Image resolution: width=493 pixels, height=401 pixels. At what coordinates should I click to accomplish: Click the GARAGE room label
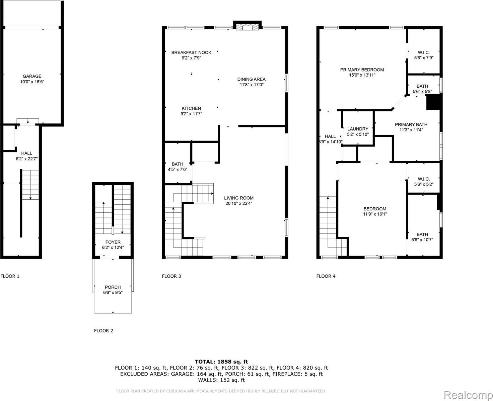point(32,76)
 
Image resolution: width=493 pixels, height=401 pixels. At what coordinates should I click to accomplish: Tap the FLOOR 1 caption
point(10,276)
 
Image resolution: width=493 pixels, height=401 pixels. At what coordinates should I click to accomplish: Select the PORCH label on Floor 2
point(113,287)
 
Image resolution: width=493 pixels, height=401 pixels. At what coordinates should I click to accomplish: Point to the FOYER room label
point(113,242)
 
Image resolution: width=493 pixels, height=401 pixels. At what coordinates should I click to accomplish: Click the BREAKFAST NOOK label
point(191,53)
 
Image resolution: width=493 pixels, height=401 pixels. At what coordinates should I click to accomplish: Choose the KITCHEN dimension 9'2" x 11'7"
point(191,114)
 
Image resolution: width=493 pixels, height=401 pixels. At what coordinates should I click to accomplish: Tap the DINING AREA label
point(251,79)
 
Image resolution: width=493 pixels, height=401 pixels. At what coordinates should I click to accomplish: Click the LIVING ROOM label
point(239,198)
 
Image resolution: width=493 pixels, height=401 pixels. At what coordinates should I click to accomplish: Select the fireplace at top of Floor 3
point(248,27)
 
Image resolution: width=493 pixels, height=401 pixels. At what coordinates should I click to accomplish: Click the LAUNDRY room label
point(358,129)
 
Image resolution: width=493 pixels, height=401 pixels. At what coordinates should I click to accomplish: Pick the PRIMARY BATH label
point(411,124)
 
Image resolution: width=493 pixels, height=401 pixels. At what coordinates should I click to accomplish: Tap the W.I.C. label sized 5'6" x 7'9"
point(424,53)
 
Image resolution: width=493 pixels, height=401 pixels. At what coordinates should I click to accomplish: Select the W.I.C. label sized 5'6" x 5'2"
point(424,179)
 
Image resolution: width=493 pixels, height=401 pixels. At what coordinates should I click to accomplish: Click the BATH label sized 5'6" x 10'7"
point(422,235)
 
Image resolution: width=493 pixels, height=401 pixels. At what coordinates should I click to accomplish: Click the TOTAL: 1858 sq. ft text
point(221,362)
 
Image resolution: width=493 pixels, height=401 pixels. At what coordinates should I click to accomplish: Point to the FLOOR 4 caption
point(326,276)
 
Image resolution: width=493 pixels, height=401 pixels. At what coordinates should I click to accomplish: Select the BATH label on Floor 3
point(178,164)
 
